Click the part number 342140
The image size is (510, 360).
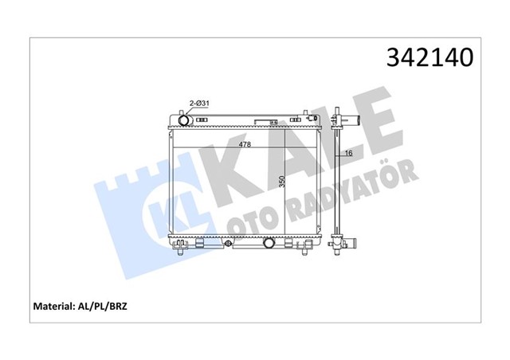[x=430, y=58]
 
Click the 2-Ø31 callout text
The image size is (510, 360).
[x=198, y=103]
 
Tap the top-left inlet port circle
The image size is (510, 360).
[x=182, y=121]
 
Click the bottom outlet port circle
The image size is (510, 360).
[x=271, y=243]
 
